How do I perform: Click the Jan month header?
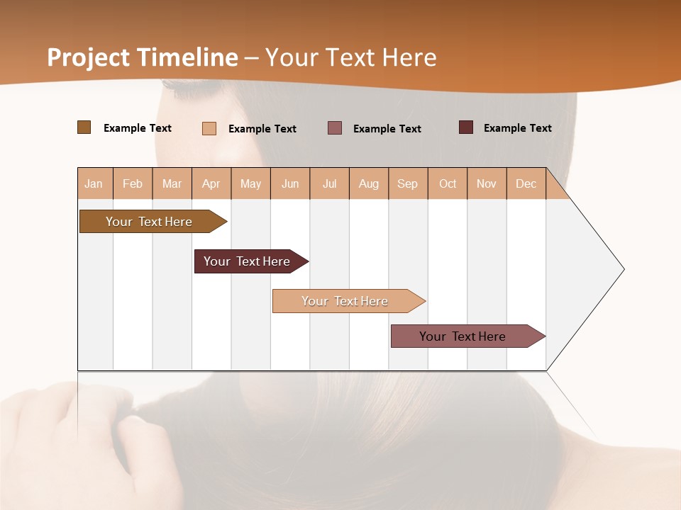[x=94, y=183]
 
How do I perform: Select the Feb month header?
[x=133, y=183]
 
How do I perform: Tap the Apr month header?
[x=211, y=183]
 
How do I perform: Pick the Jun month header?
[x=290, y=183]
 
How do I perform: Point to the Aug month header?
[x=368, y=183]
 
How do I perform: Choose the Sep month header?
[x=407, y=183]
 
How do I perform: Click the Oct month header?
[x=448, y=183]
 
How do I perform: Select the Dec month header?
[x=526, y=183]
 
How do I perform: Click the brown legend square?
[x=84, y=127]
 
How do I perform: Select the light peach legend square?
[x=209, y=128]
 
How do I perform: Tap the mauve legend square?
[x=335, y=127]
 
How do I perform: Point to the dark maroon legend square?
[x=465, y=127]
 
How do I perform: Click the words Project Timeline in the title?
[x=142, y=57]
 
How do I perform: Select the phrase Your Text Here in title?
[x=350, y=57]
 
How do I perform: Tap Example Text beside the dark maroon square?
[x=517, y=128]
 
